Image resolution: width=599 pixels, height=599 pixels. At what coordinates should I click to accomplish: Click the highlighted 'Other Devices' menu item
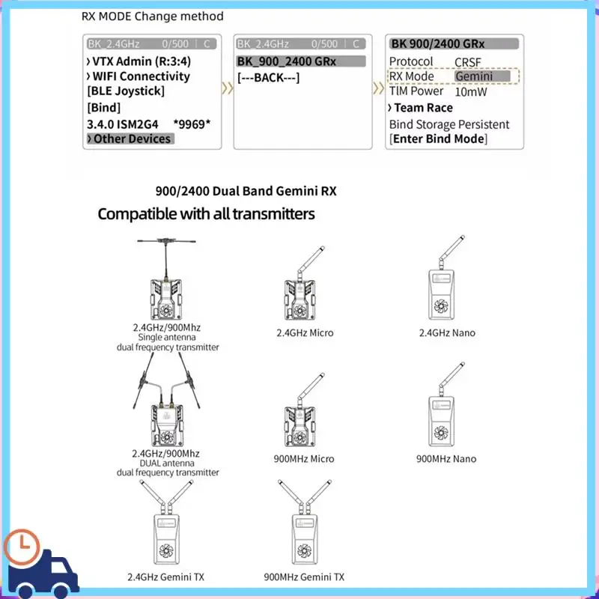point(130,139)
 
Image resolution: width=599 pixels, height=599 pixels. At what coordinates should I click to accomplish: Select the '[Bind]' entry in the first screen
point(103,108)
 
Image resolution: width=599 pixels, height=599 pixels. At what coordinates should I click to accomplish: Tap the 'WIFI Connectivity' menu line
point(139,76)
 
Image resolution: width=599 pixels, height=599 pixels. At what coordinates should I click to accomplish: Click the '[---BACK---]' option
point(268,78)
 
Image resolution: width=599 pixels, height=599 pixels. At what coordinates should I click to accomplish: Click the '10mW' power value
point(471,92)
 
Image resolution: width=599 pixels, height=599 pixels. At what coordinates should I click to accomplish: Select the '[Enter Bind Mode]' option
point(439,139)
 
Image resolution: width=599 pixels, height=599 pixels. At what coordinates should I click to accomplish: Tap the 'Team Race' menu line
point(421,108)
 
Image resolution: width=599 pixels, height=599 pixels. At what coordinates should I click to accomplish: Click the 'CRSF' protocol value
point(467,62)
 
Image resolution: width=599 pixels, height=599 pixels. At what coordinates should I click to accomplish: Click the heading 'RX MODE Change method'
point(153,16)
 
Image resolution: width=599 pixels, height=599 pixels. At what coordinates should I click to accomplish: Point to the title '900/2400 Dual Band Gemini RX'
point(246,191)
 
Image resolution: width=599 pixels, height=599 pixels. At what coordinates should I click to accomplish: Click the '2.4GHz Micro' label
point(305,332)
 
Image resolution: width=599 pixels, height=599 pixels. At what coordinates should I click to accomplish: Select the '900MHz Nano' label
point(446,459)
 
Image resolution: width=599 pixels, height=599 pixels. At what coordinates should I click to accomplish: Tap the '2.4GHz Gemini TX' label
point(165,577)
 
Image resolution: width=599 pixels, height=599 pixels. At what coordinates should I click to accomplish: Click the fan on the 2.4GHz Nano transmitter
point(441,305)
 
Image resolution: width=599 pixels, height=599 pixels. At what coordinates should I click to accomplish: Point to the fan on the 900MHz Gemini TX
point(304,550)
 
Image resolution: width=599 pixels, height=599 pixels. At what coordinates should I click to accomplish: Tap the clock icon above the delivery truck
point(22,547)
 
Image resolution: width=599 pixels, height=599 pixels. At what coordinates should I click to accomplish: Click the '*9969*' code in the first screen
point(192,124)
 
